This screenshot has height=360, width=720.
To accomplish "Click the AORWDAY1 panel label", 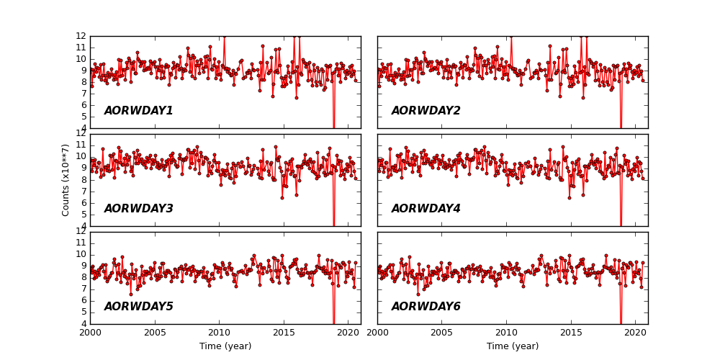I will [x=138, y=111].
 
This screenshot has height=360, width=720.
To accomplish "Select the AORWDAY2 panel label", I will [x=426, y=111].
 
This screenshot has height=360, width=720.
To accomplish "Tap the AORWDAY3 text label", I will [x=138, y=209].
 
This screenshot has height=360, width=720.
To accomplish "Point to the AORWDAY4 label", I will [x=426, y=209].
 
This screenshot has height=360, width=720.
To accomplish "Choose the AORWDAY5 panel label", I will [x=138, y=307].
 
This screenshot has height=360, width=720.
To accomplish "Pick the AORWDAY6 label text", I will [x=426, y=307].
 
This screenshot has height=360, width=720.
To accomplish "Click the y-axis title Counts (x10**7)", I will [x=66, y=180].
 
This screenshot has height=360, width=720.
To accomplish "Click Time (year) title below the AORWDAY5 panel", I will [x=225, y=346].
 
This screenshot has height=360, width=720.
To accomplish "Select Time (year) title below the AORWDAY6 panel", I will [x=513, y=346].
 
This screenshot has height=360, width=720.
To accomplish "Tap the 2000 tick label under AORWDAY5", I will [x=90, y=333].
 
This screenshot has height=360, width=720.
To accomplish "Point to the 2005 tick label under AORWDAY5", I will [x=155, y=333].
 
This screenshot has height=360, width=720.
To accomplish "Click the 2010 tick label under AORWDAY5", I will [x=219, y=333].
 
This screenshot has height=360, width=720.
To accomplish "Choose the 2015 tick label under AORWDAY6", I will [x=571, y=333].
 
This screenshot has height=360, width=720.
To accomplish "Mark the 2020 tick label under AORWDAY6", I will [x=635, y=333].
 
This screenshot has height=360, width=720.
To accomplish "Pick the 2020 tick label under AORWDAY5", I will [x=348, y=333].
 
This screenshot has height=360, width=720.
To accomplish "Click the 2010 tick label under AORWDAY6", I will [x=506, y=333].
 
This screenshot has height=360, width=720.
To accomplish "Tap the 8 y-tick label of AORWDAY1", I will [x=84, y=82].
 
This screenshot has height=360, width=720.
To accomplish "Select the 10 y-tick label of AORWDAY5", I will [x=81, y=254].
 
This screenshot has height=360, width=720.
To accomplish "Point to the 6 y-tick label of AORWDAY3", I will [x=84, y=203].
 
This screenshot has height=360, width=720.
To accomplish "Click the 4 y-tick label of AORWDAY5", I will [x=84, y=324].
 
